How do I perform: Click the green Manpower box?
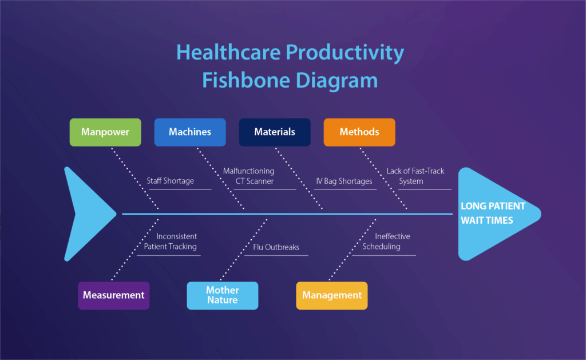[x=105, y=132]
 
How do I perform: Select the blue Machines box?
[x=190, y=132]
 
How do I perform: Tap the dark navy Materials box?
[x=275, y=132]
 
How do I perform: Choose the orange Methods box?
[x=359, y=132]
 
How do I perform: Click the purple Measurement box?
[x=113, y=295]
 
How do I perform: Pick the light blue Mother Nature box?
[x=222, y=295]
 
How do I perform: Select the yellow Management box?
[x=332, y=295]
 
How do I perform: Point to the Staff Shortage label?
[x=171, y=181]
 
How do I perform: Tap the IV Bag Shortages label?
[x=344, y=181]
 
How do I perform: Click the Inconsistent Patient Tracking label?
[x=171, y=242]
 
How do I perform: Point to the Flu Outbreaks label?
[x=276, y=248]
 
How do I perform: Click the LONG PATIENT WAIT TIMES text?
[x=493, y=213]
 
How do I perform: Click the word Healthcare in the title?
[x=228, y=53]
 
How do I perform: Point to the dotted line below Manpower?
[x=134, y=177]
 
